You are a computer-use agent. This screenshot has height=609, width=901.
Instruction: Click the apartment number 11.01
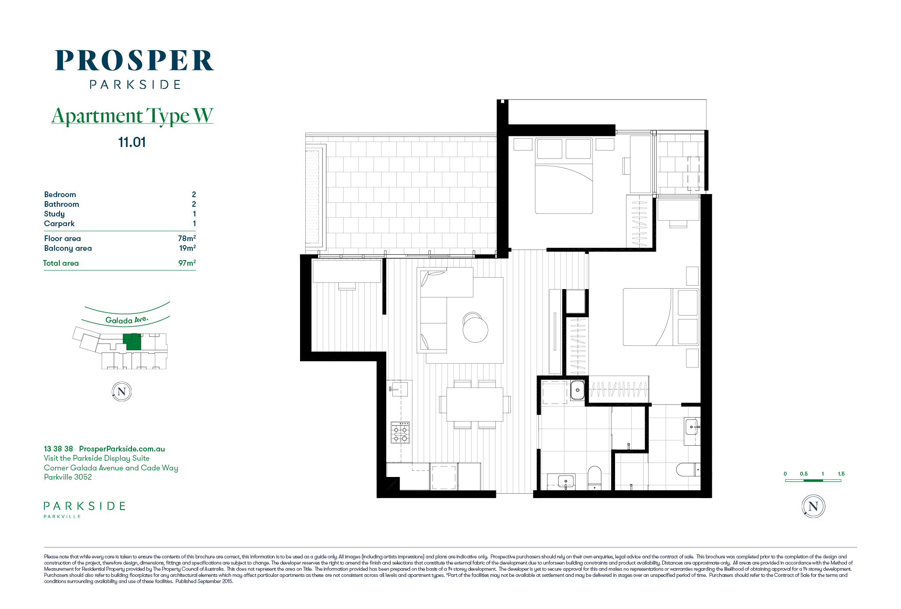coord(132,142)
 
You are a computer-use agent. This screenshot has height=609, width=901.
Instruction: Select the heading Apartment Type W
coord(132,116)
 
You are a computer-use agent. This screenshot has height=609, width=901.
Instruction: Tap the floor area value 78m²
coord(187,238)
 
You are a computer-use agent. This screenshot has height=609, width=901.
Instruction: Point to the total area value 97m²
coord(187,263)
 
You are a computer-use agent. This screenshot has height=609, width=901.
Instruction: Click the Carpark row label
coord(59,224)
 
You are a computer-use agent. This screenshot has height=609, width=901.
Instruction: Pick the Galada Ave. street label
coord(127,320)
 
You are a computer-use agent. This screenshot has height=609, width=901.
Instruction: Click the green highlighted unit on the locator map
coord(132,342)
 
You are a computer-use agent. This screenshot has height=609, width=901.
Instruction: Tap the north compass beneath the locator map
coord(122,392)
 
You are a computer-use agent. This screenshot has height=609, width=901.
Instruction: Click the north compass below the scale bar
coord(813,506)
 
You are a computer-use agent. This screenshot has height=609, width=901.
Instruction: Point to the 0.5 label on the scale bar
coord(804,474)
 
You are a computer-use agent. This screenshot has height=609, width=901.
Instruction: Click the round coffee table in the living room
coord(476,330)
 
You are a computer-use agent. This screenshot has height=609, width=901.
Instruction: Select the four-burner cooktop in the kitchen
coord(400,433)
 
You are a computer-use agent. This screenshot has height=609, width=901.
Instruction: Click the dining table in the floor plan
coord(475,404)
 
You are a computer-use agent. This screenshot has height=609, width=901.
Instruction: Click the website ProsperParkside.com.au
coord(122,449)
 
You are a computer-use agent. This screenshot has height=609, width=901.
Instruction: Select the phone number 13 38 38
coord(59,449)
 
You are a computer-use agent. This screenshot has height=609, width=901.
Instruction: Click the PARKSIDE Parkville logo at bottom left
coord(84,510)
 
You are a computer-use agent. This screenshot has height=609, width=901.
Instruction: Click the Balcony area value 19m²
coord(187,248)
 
